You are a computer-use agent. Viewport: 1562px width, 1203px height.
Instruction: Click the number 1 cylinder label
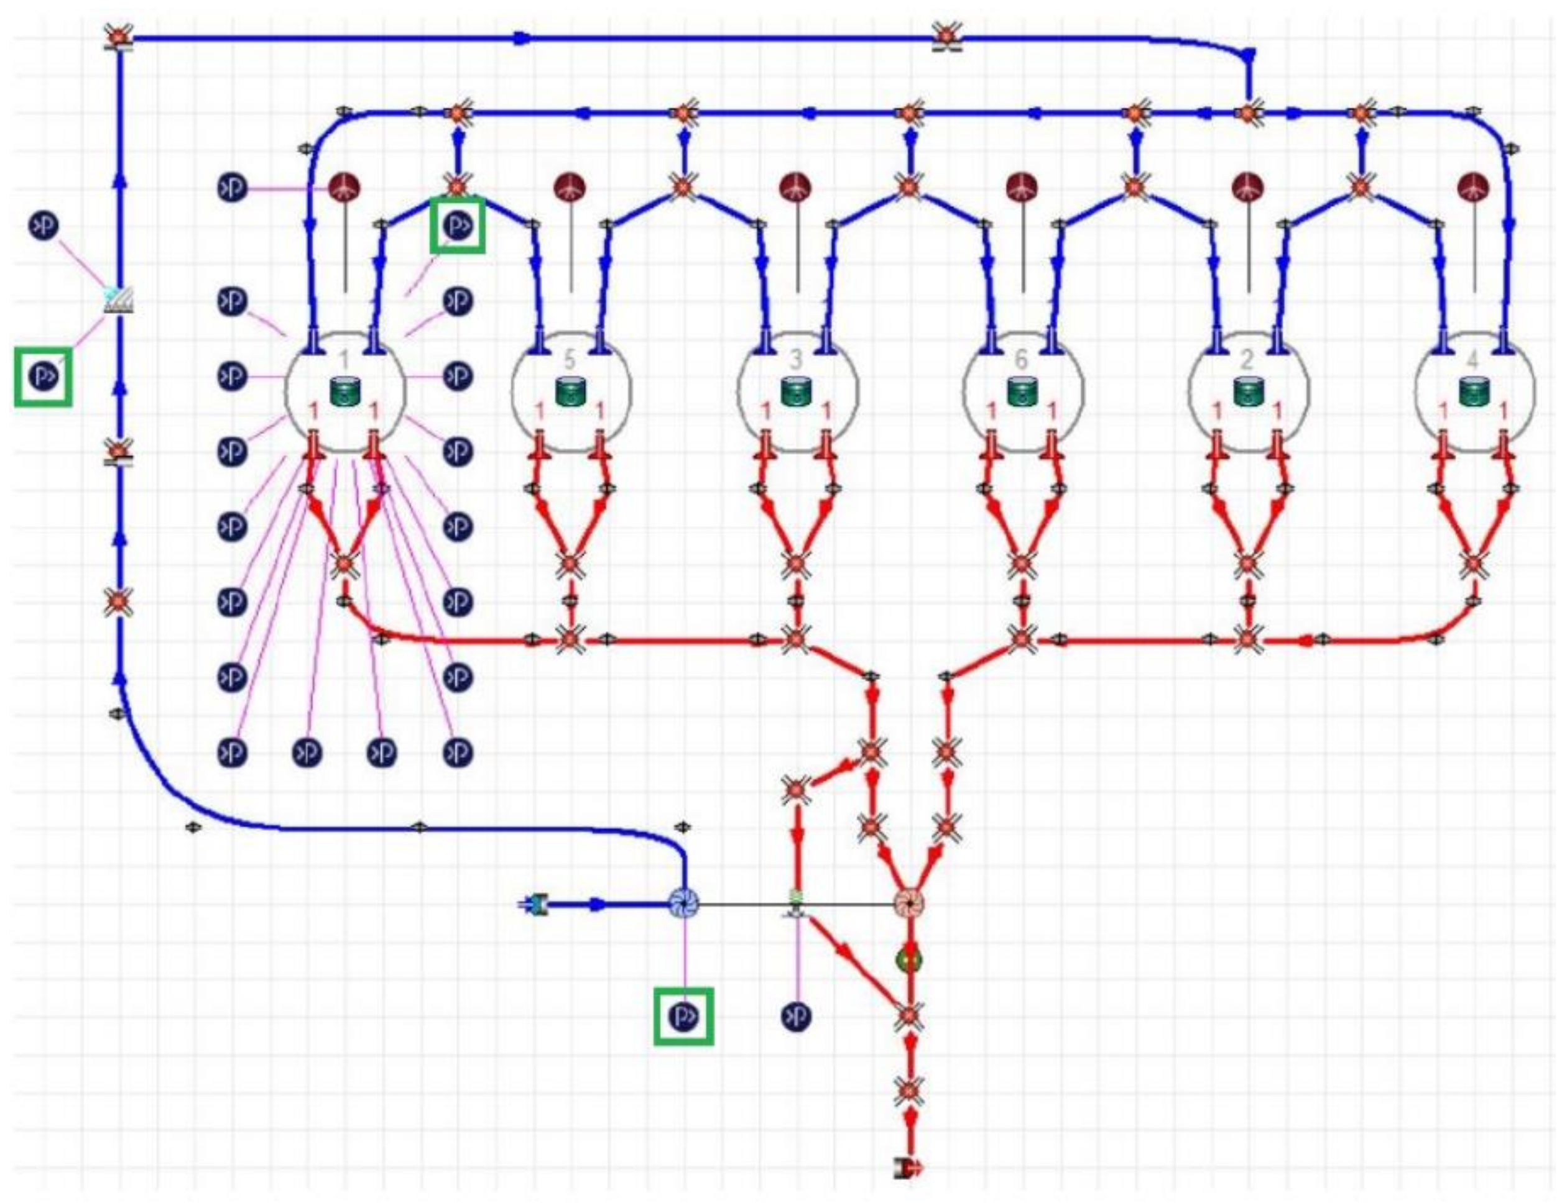click(x=344, y=358)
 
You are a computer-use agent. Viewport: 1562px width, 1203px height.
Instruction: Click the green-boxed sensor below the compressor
click(x=684, y=1016)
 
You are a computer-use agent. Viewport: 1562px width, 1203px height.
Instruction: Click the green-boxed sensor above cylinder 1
click(x=457, y=226)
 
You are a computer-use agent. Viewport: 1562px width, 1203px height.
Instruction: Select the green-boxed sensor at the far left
click(x=43, y=376)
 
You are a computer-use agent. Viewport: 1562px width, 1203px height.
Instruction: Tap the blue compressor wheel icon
click(x=684, y=904)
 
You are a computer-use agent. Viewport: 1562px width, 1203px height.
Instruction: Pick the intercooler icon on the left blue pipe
click(x=119, y=300)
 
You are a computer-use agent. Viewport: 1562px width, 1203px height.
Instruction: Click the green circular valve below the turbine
click(x=908, y=960)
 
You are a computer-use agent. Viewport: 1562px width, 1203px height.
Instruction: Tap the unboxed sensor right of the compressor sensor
click(x=796, y=1016)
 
